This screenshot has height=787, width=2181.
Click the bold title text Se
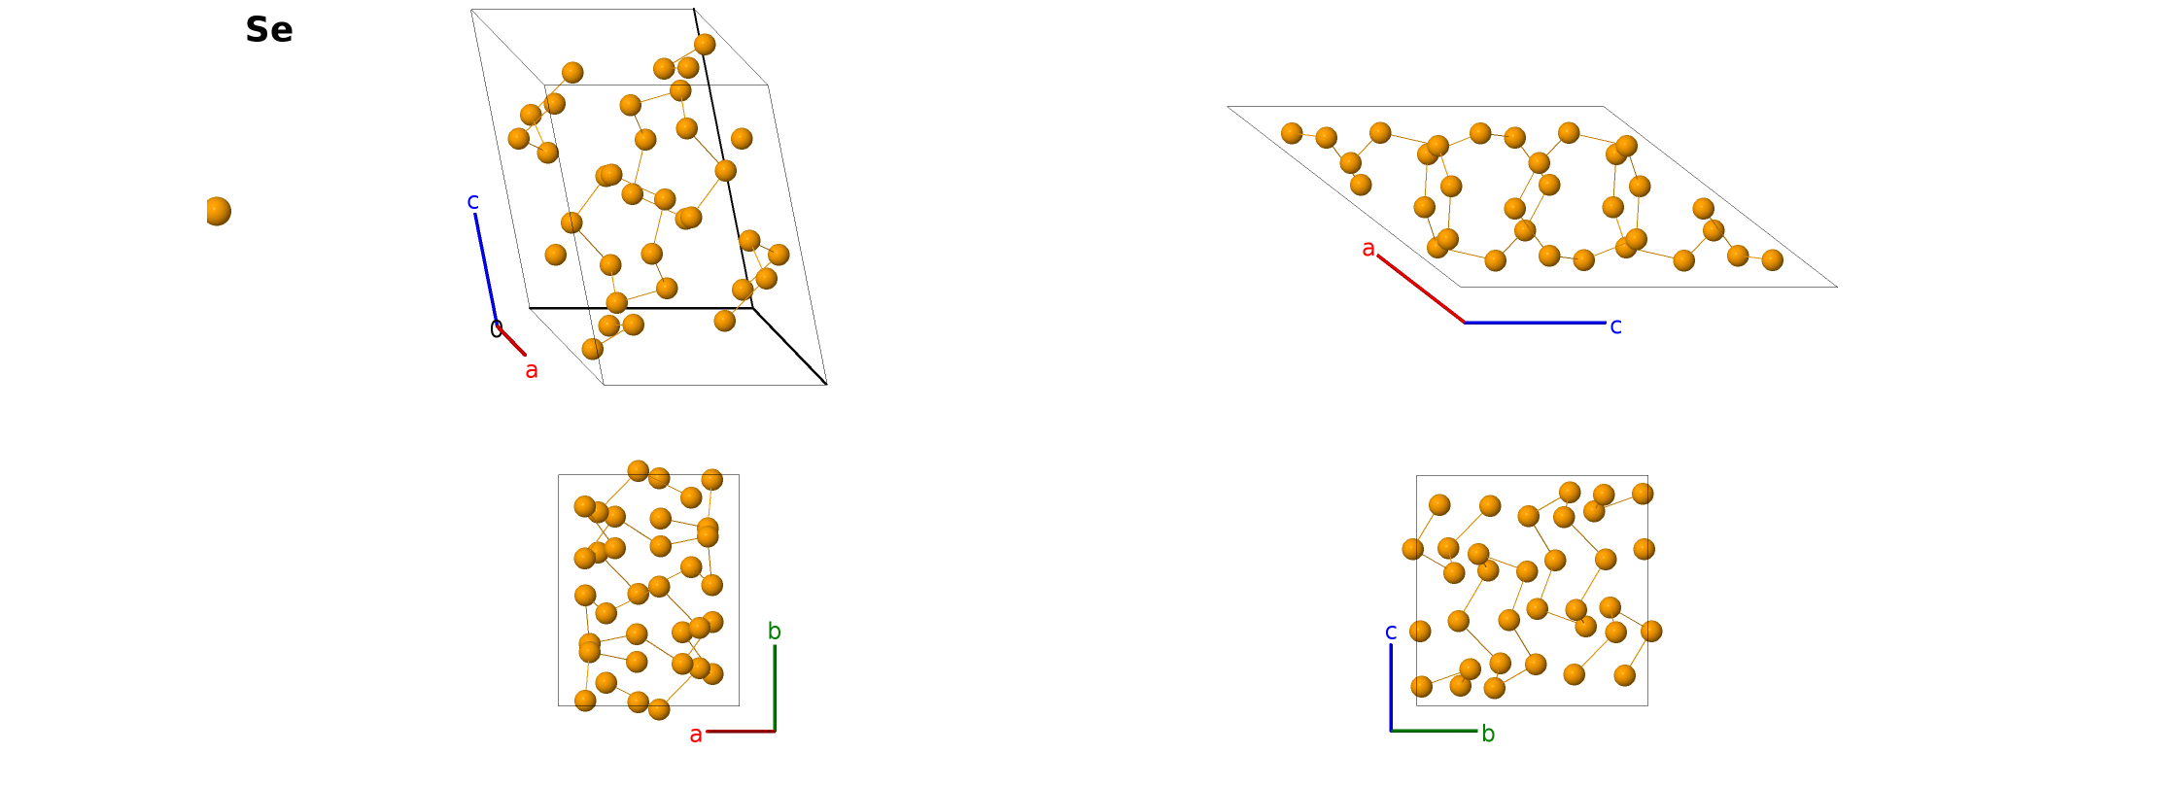pyautogui.click(x=268, y=30)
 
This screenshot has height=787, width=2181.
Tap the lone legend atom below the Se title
pyautogui.click(x=218, y=211)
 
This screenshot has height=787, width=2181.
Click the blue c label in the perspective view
pyautogui.click(x=472, y=202)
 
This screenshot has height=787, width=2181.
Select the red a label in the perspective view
pyautogui.click(x=532, y=370)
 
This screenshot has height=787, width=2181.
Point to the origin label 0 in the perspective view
pyautogui.click(x=496, y=329)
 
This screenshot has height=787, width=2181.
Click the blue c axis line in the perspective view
pyautogui.click(x=485, y=267)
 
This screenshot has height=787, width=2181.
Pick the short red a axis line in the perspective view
pyautogui.click(x=512, y=341)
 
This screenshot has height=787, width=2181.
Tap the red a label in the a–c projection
pyautogui.click(x=1368, y=249)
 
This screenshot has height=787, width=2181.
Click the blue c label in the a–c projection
pyautogui.click(x=1615, y=326)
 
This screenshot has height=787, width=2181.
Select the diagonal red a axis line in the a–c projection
pyautogui.click(x=1421, y=289)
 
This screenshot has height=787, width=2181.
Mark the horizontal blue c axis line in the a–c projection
pyautogui.click(x=1535, y=323)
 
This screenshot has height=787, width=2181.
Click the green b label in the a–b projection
pyautogui.click(x=775, y=632)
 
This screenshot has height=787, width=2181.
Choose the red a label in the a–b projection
pyautogui.click(x=696, y=736)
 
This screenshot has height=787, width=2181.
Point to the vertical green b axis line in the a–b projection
pyautogui.click(x=775, y=688)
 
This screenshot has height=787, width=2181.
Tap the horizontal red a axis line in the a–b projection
pyautogui.click(x=741, y=731)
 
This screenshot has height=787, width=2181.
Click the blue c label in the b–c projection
pyautogui.click(x=1391, y=633)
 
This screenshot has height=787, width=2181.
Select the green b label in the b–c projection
pyautogui.click(x=1488, y=735)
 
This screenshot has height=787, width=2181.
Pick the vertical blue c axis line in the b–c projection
pyautogui.click(x=1391, y=687)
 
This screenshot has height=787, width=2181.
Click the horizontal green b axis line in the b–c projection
pyautogui.click(x=1434, y=731)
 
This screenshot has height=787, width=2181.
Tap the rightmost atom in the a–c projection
pyautogui.click(x=1773, y=259)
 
